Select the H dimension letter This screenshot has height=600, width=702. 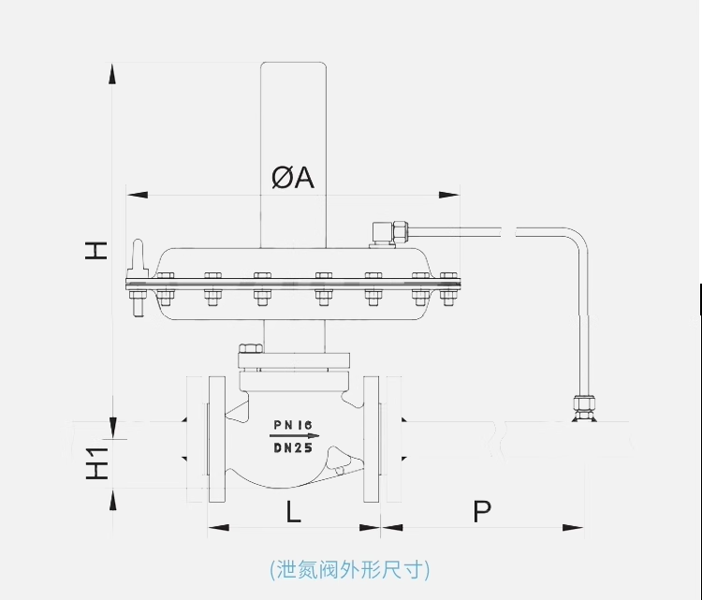click(97, 250)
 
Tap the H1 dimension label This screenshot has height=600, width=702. click(97, 464)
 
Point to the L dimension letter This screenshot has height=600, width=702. click(293, 511)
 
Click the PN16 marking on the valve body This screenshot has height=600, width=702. click(293, 425)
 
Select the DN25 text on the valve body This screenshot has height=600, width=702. click(293, 447)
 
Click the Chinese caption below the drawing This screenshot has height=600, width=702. click(349, 569)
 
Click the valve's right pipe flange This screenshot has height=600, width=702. click(372, 438)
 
